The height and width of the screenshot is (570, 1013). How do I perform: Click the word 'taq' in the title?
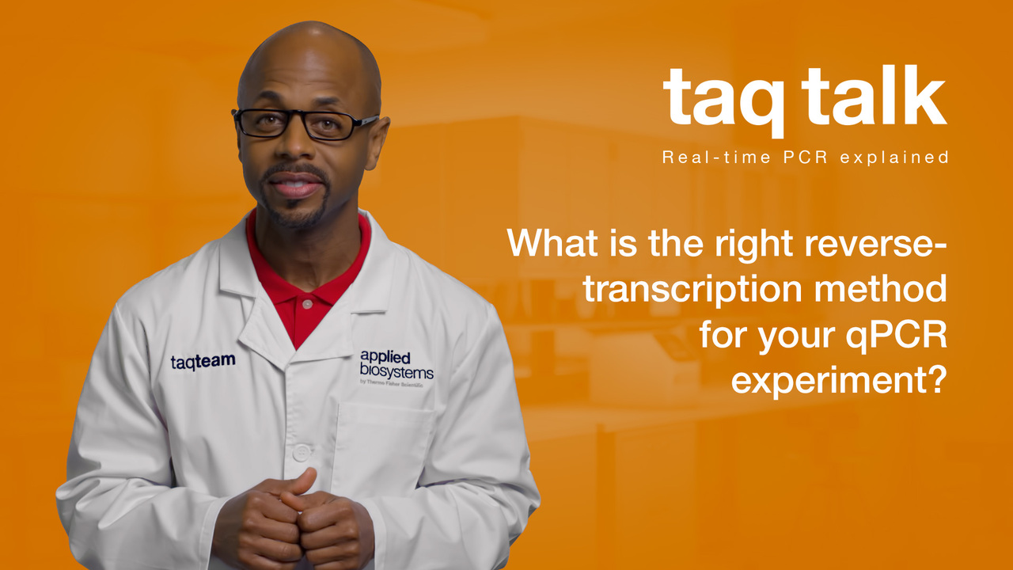coord(723,102)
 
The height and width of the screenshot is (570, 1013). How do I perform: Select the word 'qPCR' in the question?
coord(897,336)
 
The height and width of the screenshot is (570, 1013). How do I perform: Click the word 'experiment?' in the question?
coord(840,382)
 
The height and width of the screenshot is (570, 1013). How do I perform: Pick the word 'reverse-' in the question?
coord(876,244)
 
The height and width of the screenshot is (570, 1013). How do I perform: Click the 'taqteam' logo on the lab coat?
coord(203,362)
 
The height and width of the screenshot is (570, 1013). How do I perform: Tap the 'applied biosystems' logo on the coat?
coord(396,365)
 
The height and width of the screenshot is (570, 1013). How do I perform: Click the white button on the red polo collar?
coord(307,304)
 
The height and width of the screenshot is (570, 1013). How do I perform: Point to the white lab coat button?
coord(302,452)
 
